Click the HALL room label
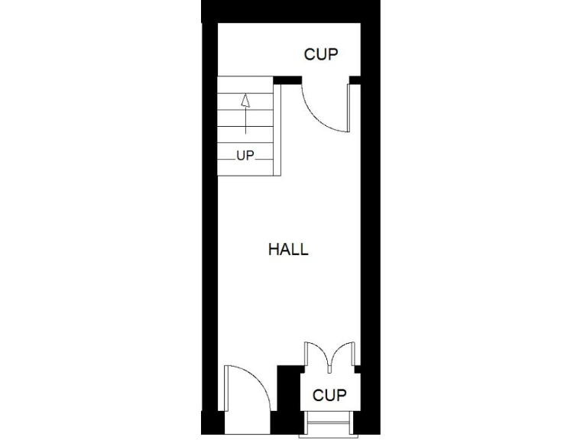[288, 249]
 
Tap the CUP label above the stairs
[320, 55]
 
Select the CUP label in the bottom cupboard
[329, 396]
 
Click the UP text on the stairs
[245, 156]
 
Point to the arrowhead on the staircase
[245, 101]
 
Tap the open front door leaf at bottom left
[227, 390]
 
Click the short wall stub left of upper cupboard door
[287, 79]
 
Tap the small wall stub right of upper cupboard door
[354, 79]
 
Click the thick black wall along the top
[290, 11]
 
